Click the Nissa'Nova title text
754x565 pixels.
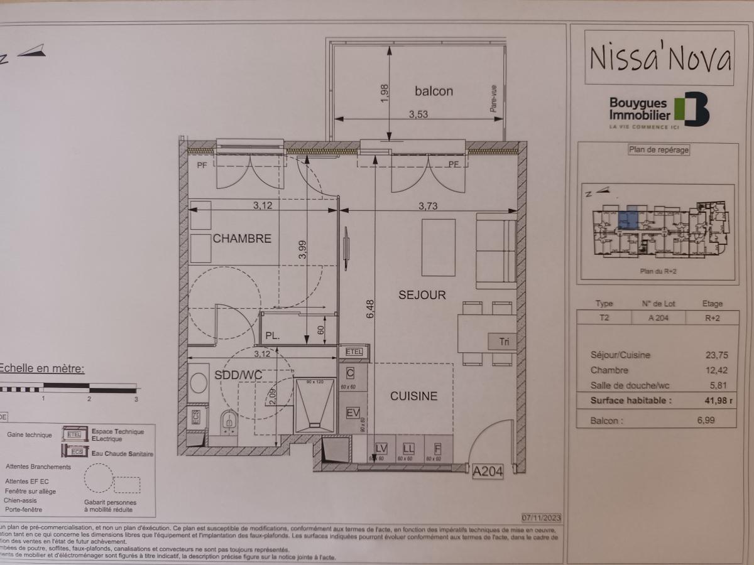click(x=659, y=58)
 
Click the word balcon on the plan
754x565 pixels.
click(x=434, y=91)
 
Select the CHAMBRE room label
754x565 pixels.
click(x=242, y=239)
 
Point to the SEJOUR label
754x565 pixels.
click(x=422, y=294)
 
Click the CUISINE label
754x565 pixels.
click(x=413, y=396)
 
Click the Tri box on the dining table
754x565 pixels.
click(x=503, y=342)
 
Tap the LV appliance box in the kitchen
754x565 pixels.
click(x=381, y=448)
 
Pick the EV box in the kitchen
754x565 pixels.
click(x=352, y=413)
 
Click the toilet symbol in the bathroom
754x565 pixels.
click(x=230, y=422)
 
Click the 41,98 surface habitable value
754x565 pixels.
click(x=706, y=400)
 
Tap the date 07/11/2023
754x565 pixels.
click(x=541, y=519)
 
